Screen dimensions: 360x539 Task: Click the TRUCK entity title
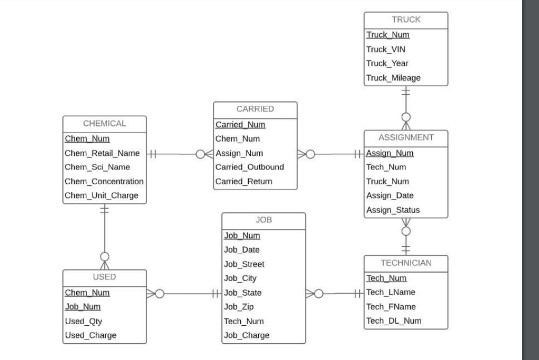click(x=406, y=19)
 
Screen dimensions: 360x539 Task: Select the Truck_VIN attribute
click(x=385, y=49)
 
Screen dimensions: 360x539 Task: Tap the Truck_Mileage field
click(x=393, y=78)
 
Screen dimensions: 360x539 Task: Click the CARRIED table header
click(x=255, y=109)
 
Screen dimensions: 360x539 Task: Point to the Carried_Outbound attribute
click(x=249, y=167)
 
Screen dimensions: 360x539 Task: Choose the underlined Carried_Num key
click(x=240, y=125)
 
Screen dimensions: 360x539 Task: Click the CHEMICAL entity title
click(x=105, y=124)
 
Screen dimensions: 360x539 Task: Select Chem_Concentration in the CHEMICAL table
click(x=104, y=182)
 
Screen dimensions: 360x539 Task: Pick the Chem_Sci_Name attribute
click(x=97, y=167)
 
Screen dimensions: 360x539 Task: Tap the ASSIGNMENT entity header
click(x=406, y=138)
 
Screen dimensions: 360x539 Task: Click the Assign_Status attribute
click(x=393, y=210)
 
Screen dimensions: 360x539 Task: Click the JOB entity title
click(x=263, y=221)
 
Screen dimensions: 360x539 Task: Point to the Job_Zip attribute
click(x=238, y=307)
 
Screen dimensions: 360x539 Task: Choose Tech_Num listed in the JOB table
click(x=243, y=321)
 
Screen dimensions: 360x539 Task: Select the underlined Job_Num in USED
click(x=83, y=307)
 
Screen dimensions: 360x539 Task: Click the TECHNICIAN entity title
click(x=406, y=263)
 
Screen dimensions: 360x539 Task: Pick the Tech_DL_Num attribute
click(x=393, y=321)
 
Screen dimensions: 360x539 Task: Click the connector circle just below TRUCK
click(x=406, y=116)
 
